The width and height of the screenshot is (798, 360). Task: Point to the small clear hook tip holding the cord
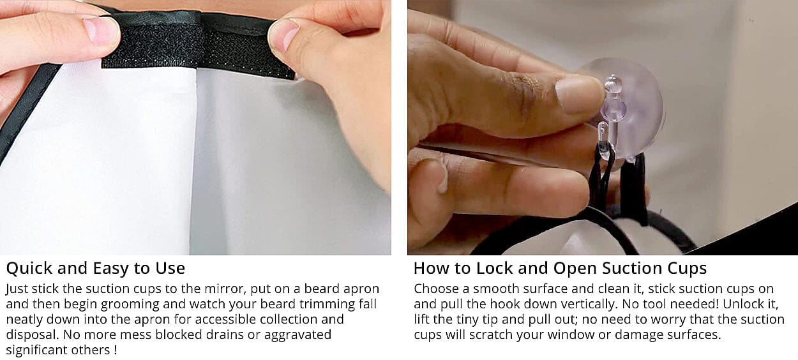[603, 140]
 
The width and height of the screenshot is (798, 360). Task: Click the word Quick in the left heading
[29, 268]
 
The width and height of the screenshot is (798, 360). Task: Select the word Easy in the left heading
[109, 269]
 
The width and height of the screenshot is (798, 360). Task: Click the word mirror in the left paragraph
[226, 289]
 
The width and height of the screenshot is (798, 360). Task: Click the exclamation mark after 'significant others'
[116, 350]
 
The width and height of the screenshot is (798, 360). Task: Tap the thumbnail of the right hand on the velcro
[284, 34]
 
